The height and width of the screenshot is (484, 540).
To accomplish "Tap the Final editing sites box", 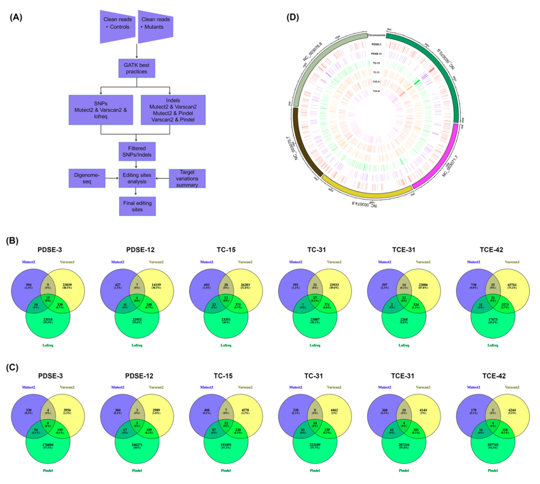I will tap(137, 206).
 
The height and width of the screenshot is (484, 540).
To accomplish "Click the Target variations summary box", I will tap(187, 178).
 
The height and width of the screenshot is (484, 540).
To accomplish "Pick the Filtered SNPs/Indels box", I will tap(137, 152).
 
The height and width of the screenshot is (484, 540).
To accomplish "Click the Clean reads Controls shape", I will tap(117, 27).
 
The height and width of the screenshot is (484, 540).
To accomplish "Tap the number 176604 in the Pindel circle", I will tap(48, 444).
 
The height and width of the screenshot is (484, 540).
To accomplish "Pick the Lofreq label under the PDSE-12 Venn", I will tap(137, 345).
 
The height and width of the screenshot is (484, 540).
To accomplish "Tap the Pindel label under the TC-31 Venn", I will tap(315, 470).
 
